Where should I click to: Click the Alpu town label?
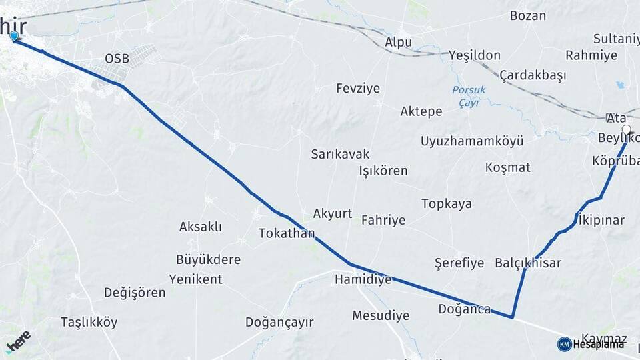[398, 42]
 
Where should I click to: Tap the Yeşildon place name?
[474, 55]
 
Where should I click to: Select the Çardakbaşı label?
[532, 75]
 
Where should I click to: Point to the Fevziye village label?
[357, 88]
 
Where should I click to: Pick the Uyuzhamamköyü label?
[471, 141]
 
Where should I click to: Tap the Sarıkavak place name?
[340, 154]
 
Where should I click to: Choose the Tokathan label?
[287, 233]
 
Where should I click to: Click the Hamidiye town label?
[363, 279]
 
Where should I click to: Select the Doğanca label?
[465, 309]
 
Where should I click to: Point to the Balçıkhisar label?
[528, 263]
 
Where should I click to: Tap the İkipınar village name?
[601, 220]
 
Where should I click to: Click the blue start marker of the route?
[14, 37]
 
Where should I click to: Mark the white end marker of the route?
[626, 129]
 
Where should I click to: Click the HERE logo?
[18, 342]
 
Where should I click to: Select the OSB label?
[117, 59]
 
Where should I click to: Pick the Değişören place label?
[135, 292]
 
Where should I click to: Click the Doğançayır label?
[279, 323]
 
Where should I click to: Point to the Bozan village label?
[528, 15]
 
